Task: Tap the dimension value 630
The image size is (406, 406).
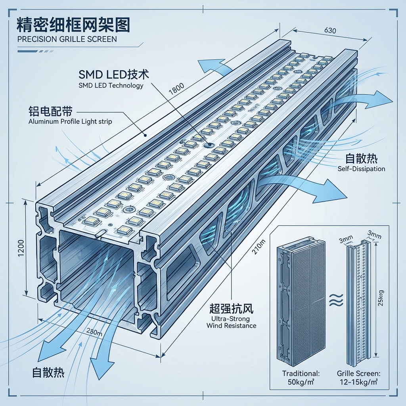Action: pos(331,31)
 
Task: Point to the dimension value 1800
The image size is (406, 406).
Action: pos(176,90)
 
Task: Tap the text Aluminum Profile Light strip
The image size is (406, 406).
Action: pos(70,122)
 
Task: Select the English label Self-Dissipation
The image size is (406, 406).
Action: pos(361,169)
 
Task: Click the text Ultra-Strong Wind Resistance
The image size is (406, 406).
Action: pos(232,322)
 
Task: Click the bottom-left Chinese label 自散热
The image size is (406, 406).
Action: pos(48,372)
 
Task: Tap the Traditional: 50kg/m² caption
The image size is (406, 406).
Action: pos(301,377)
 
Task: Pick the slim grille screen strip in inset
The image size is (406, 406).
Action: pos(358,303)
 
